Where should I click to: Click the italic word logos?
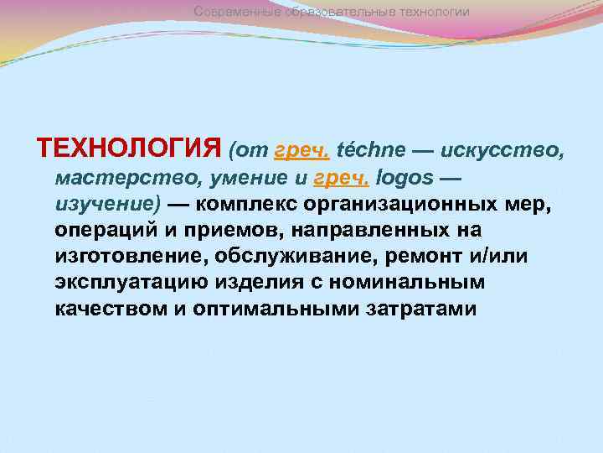click(x=405, y=178)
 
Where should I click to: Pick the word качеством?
click(x=106, y=308)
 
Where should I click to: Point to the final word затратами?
click(x=422, y=308)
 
